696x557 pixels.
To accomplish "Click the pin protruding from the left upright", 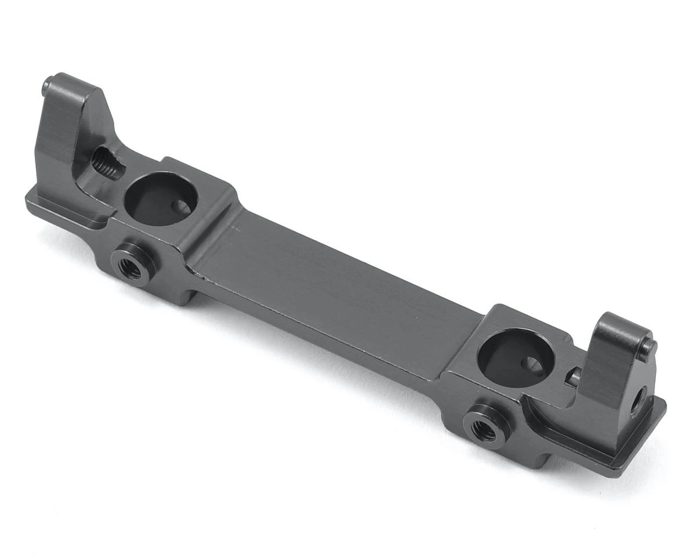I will pos(47,87).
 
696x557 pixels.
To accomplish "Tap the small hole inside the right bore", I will pos(532,365).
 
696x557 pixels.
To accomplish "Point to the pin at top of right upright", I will pos(648,348).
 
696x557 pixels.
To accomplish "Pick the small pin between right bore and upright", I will pos(572,378).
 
